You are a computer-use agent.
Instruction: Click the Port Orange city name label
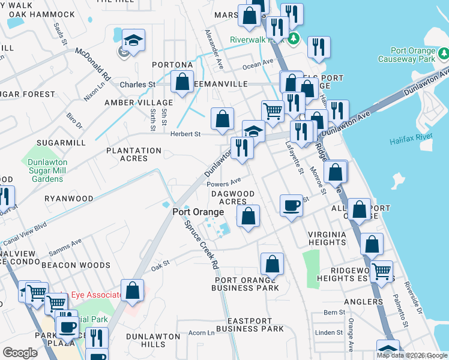(198, 212)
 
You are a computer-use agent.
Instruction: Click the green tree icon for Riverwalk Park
(294, 40)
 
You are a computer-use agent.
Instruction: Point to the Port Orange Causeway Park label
(412, 55)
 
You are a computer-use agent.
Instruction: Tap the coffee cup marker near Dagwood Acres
(292, 206)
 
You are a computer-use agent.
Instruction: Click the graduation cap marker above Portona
(133, 40)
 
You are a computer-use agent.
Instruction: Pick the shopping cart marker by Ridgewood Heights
(382, 271)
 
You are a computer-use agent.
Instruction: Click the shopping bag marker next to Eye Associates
(133, 290)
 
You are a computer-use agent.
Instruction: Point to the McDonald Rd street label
(93, 64)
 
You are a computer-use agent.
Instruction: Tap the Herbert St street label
(185, 134)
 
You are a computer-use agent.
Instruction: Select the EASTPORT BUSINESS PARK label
(250, 325)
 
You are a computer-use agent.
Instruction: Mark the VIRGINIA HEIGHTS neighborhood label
(327, 238)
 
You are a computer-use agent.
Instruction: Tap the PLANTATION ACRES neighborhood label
(134, 154)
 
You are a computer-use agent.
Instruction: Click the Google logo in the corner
(20, 353)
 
